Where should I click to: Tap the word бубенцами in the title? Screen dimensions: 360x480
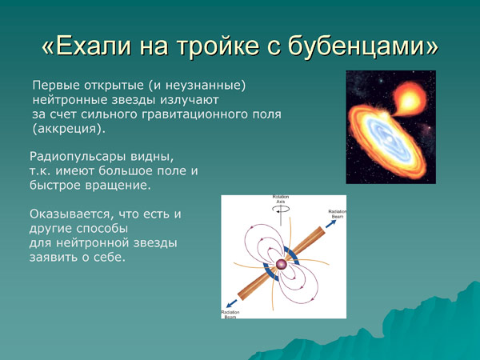point(370,46)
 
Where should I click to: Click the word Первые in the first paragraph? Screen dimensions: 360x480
point(54,86)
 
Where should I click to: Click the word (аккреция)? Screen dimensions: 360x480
point(68,129)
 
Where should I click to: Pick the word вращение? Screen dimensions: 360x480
point(120,186)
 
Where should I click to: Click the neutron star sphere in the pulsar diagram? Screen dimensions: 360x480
point(282,263)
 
